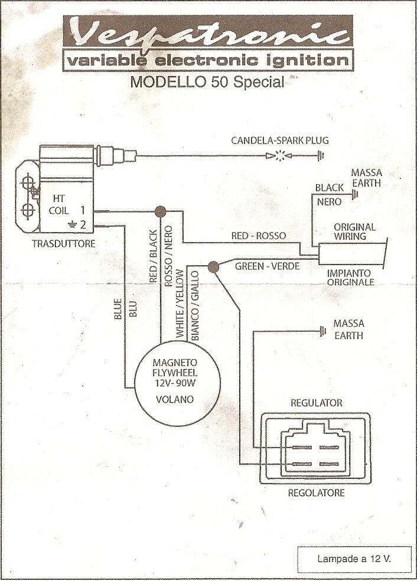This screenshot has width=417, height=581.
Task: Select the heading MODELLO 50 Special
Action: pyautogui.click(x=207, y=81)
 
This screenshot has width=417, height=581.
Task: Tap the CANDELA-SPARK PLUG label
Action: pyautogui.click(x=279, y=141)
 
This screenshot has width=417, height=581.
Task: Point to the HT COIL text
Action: pyautogui.click(x=59, y=204)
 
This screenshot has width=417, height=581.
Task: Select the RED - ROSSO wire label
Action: pyautogui.click(x=259, y=236)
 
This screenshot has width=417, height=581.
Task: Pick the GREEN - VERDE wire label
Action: pyautogui.click(x=267, y=266)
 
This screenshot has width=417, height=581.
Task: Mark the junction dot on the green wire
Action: pyautogui.click(x=214, y=267)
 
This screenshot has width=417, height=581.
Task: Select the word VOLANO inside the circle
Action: pyautogui.click(x=174, y=399)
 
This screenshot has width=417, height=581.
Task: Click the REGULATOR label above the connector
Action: pyautogui.click(x=317, y=403)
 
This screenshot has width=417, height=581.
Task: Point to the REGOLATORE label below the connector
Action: pyautogui.click(x=316, y=492)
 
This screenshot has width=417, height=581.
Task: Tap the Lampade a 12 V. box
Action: pyautogui.click(x=354, y=557)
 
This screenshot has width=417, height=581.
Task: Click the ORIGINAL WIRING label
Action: pyautogui.click(x=354, y=231)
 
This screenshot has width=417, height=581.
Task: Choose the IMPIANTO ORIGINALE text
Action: pyautogui.click(x=351, y=278)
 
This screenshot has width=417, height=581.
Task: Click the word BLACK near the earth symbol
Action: pyautogui.click(x=329, y=188)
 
